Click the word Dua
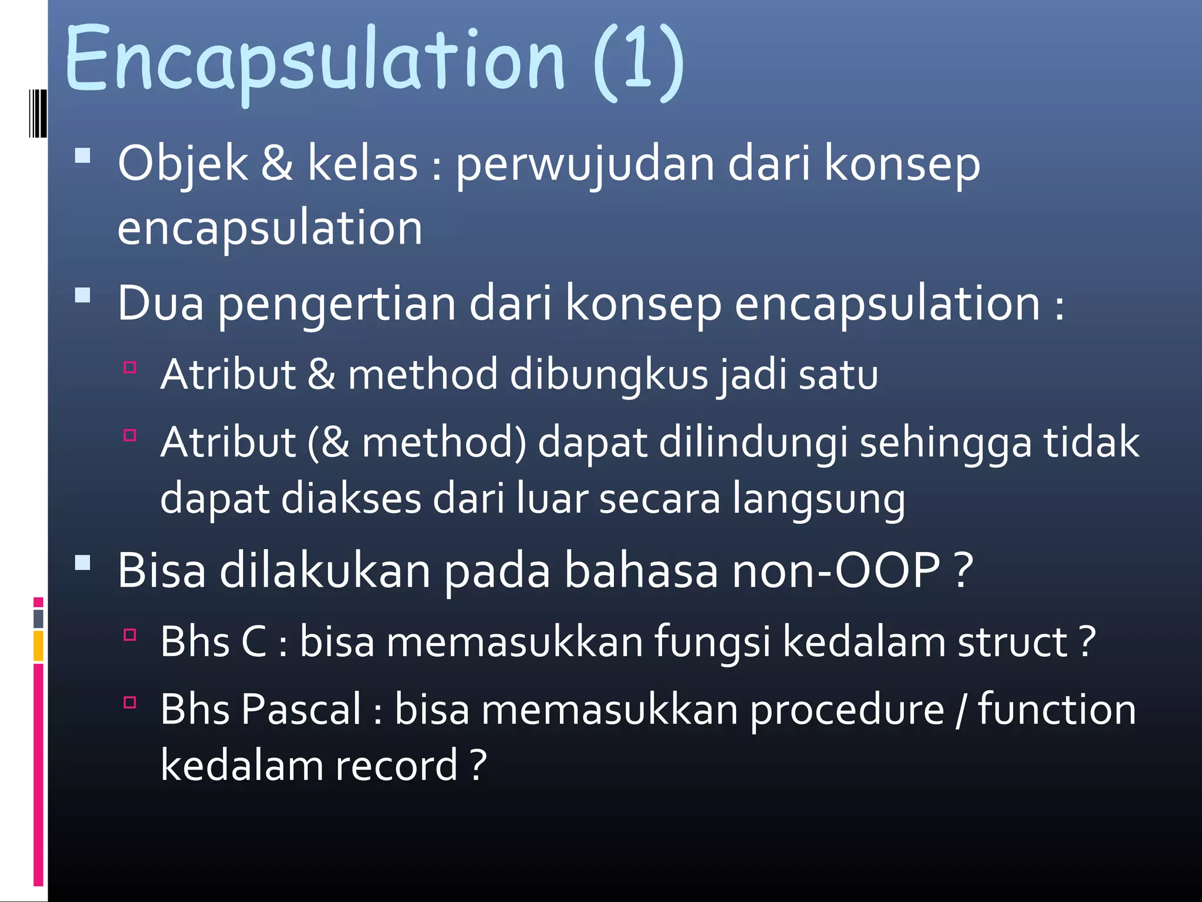[x=160, y=303]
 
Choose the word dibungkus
[x=609, y=374]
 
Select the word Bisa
[x=161, y=570]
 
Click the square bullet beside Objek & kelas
[x=83, y=155]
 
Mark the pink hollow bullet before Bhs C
[x=130, y=634]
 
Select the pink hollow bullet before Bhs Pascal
[x=130, y=702]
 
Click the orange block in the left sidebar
[x=38, y=645]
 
